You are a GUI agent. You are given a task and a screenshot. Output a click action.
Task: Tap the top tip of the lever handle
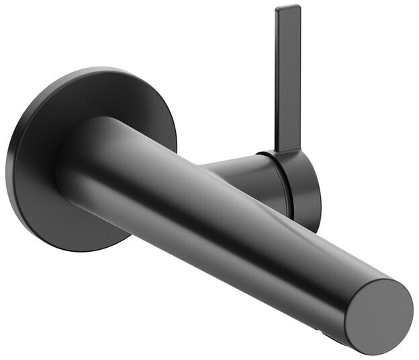[287, 8]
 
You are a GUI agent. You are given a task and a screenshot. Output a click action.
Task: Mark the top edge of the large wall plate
[94, 69]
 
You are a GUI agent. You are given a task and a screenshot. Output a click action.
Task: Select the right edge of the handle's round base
[320, 195]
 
